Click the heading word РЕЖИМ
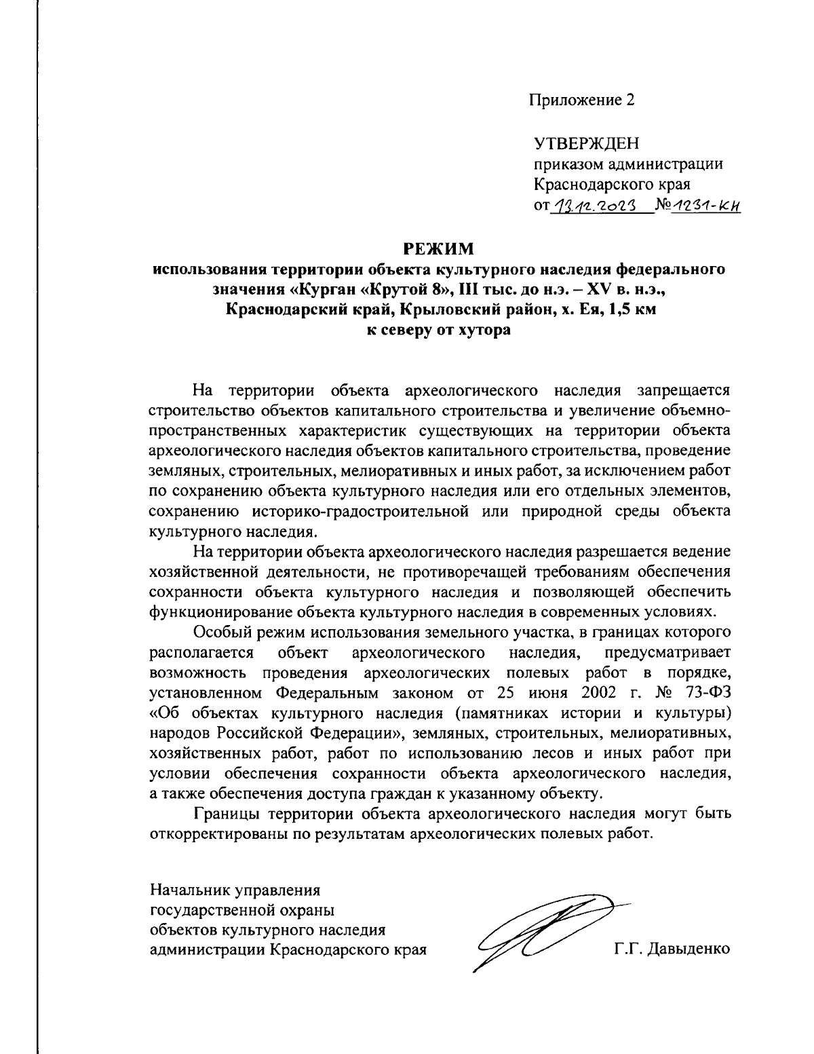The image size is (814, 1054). (438, 249)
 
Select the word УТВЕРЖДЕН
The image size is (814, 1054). (587, 144)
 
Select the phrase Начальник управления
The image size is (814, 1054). (235, 888)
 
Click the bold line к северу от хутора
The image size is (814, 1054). (438, 331)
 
